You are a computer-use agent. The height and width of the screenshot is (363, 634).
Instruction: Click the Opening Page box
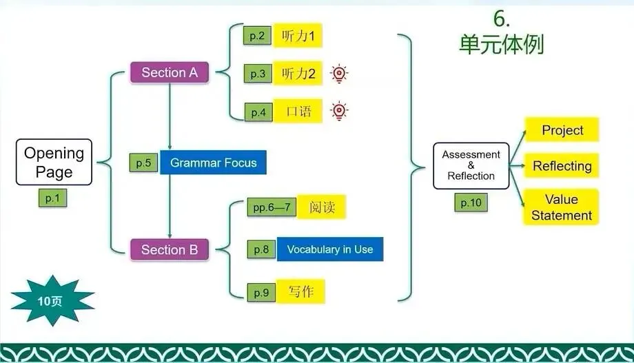point(54,163)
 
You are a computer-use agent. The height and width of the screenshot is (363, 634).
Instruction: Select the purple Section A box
point(169,72)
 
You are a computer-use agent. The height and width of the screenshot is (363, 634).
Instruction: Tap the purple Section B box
point(169,250)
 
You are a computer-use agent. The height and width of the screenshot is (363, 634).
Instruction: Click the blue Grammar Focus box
point(213,163)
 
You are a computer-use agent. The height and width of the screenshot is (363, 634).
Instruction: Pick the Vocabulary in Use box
point(329,249)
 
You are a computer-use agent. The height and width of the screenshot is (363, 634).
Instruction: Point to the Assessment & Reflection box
point(471,165)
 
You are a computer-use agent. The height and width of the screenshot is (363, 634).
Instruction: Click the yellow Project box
point(562,130)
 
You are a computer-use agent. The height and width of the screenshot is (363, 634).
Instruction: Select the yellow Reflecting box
point(562,166)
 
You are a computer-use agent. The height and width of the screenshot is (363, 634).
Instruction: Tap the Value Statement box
point(561,207)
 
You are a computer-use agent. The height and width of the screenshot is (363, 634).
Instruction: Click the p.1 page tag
point(53,199)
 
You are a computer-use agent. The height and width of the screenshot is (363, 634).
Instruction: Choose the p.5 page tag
point(143,163)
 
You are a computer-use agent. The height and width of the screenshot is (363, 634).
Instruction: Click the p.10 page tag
point(471,203)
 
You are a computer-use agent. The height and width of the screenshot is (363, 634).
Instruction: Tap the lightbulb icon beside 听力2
point(338,74)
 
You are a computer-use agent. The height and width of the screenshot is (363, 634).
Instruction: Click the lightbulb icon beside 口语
point(338,111)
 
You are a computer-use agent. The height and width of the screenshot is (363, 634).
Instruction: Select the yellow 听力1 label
point(298,37)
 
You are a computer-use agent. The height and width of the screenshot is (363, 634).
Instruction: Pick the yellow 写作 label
point(300,291)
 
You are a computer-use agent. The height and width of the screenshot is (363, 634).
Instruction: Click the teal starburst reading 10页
point(52,300)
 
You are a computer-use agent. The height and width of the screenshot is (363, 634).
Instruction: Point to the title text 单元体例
point(501,45)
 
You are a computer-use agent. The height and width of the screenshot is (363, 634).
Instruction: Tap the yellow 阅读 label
point(321,207)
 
